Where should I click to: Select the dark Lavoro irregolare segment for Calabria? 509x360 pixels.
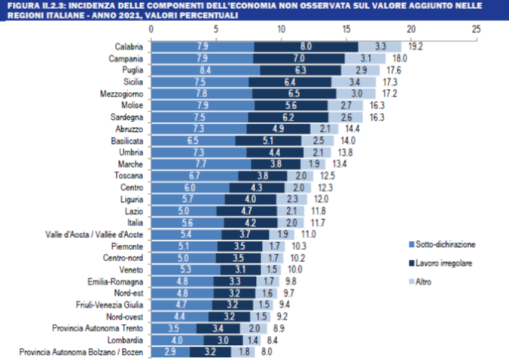(306, 46)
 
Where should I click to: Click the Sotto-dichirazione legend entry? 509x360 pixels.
(445, 245)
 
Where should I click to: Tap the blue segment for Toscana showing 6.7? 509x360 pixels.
(195, 175)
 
